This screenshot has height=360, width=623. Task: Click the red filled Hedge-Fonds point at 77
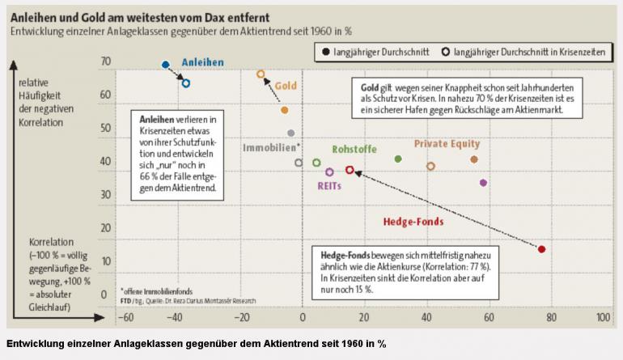pyautogui.click(x=541, y=249)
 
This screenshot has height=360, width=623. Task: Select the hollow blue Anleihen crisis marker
pyautogui.click(x=185, y=83)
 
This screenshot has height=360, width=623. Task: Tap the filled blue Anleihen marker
pyautogui.click(x=165, y=65)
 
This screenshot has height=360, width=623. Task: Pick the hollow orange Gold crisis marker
pyautogui.click(x=261, y=74)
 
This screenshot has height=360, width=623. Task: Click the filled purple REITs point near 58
pyautogui.click(x=483, y=183)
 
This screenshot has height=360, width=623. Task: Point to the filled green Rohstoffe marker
pyautogui.click(x=397, y=159)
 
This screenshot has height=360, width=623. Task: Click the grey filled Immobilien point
pyautogui.click(x=290, y=133)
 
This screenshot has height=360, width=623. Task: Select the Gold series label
pyautogui.click(x=286, y=85)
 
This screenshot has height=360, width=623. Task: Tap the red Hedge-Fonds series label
pyautogui.click(x=412, y=221)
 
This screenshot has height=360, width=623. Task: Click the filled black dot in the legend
pyautogui.click(x=325, y=51)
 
